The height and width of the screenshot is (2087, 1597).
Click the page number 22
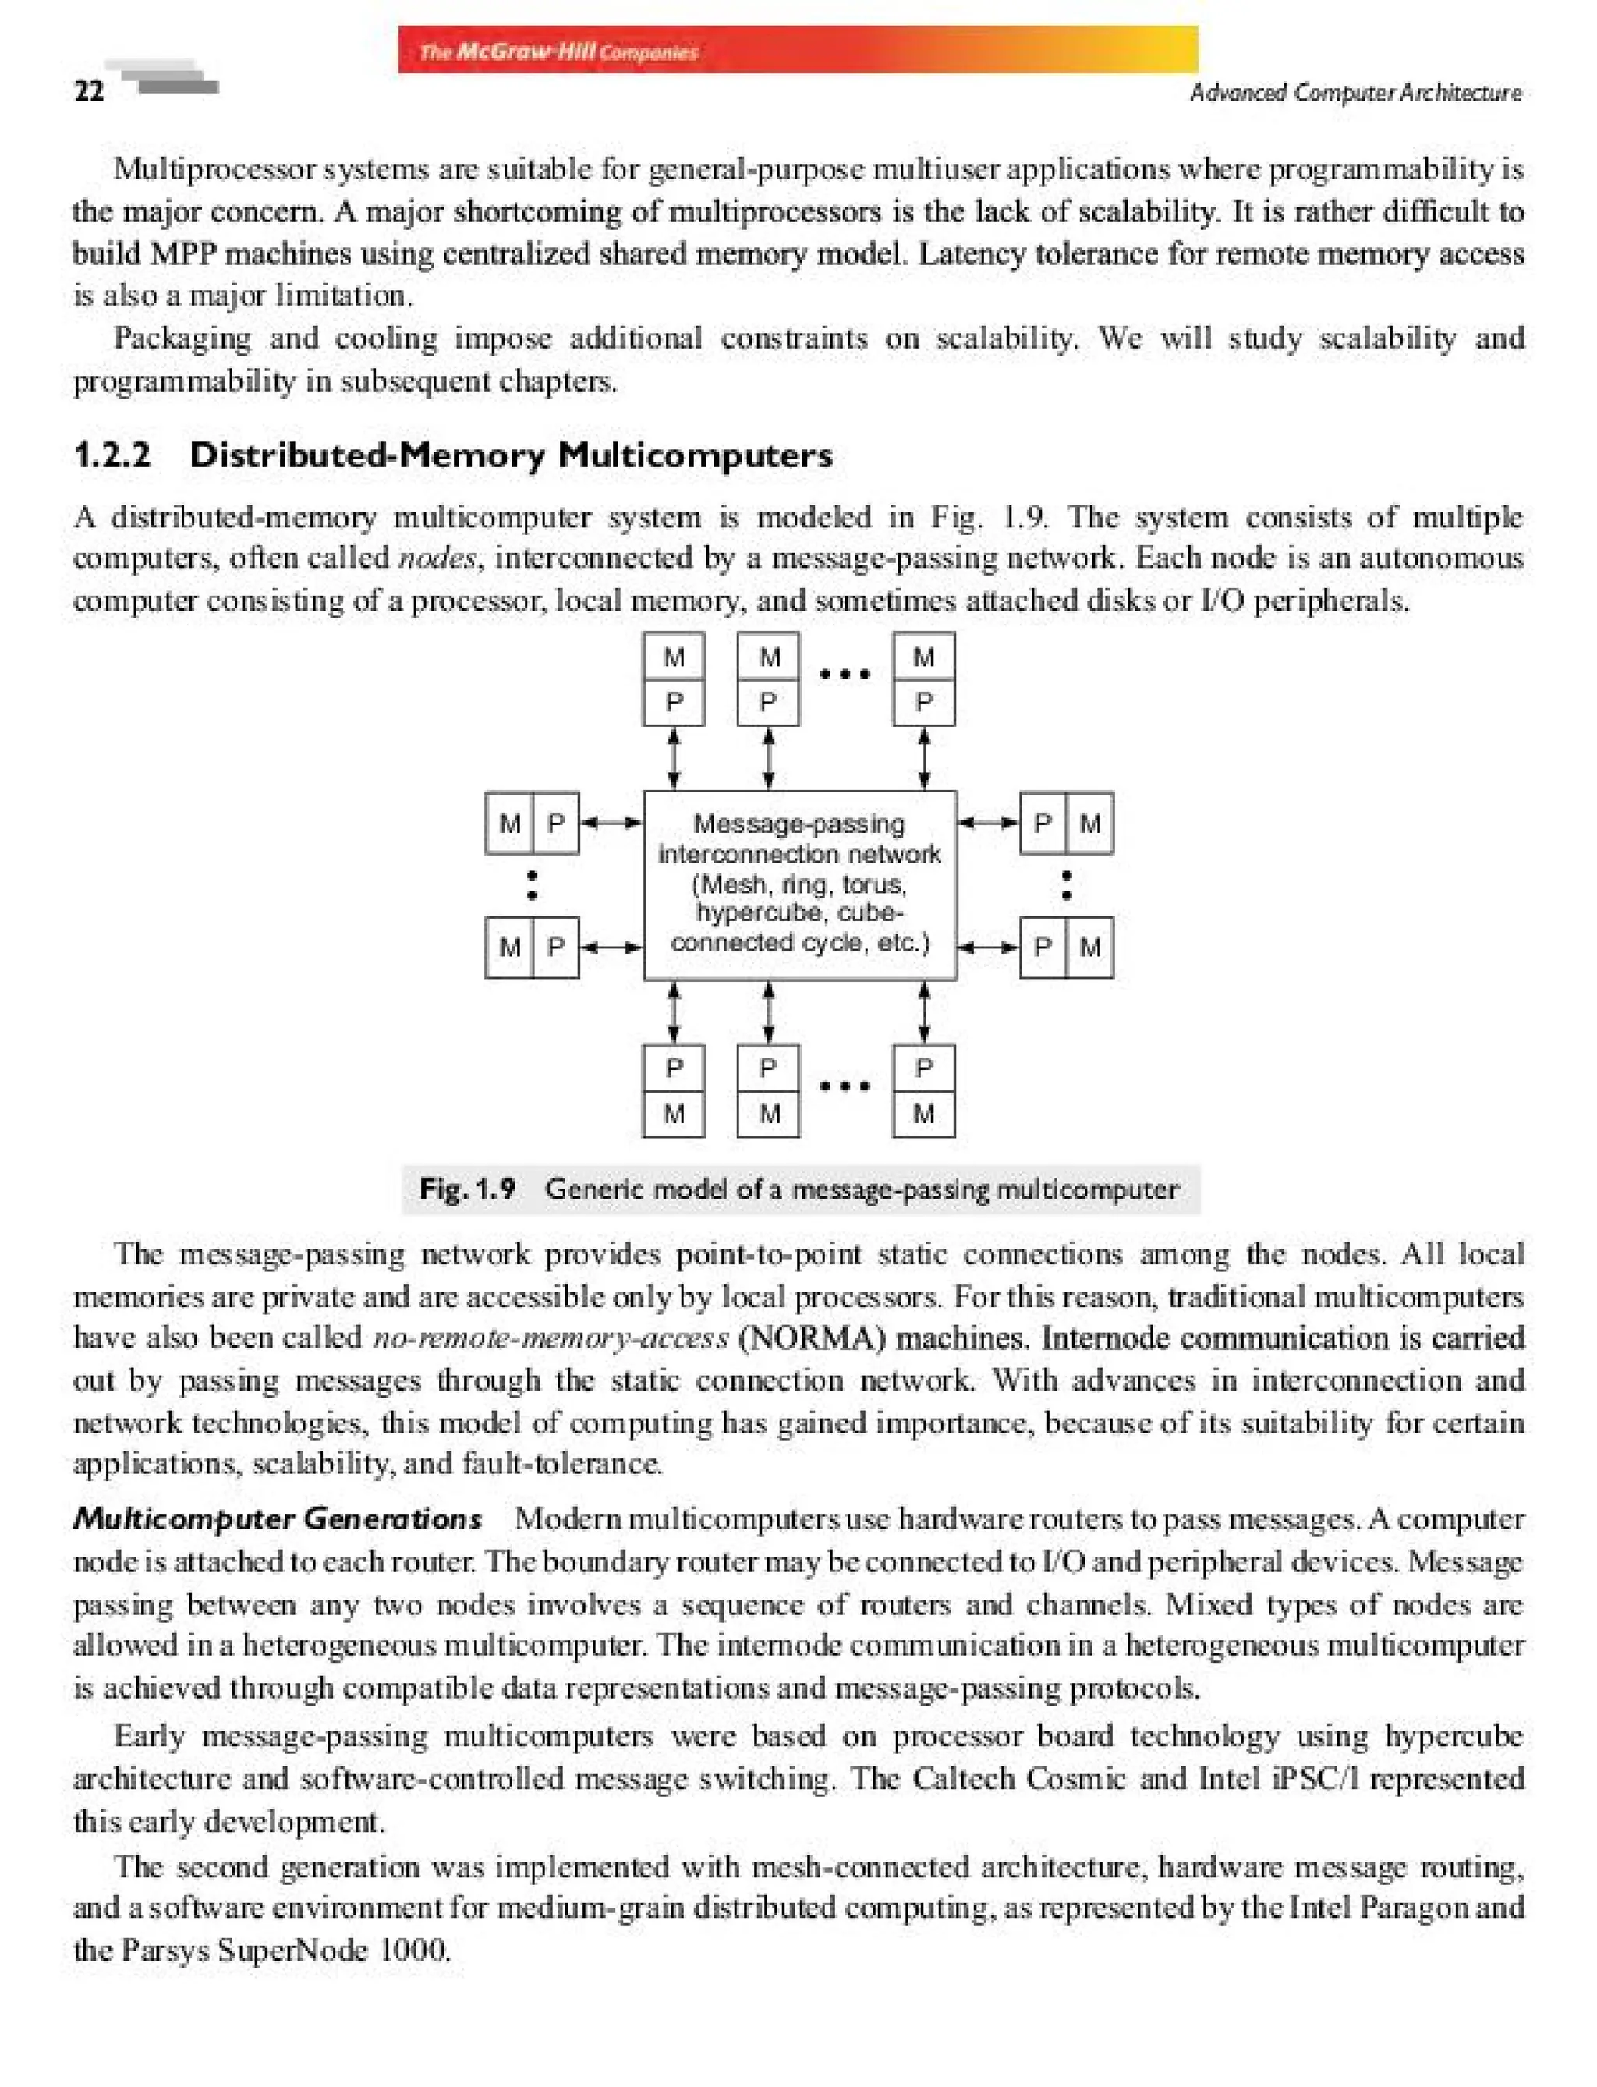pyautogui.click(x=88, y=91)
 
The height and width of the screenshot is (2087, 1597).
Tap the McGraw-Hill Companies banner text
pyautogui.click(x=558, y=51)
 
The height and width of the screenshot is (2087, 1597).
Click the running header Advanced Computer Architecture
pyautogui.click(x=1354, y=92)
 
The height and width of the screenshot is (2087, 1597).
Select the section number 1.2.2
pyautogui.click(x=112, y=455)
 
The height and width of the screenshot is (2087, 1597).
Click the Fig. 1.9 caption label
pyautogui.click(x=467, y=1189)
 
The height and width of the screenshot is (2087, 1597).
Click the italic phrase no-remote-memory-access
pyautogui.click(x=551, y=1339)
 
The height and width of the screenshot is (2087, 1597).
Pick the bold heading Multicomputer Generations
pyautogui.click(x=278, y=1518)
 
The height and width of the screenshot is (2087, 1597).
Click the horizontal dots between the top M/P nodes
pyautogui.click(x=845, y=675)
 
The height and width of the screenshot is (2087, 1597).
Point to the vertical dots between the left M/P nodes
pyautogui.click(x=533, y=884)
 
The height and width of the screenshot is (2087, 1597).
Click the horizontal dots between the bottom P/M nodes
pyautogui.click(x=845, y=1086)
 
